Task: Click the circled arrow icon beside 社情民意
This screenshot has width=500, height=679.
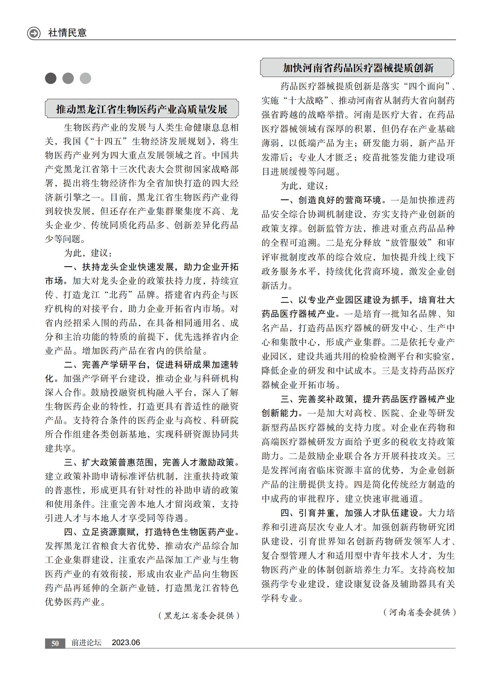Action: click(34, 33)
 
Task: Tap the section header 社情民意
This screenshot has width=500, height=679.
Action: click(67, 33)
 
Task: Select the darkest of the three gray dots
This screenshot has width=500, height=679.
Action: click(51, 78)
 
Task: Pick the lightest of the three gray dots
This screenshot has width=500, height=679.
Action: click(85, 78)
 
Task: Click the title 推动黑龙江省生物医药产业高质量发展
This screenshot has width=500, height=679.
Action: click(142, 109)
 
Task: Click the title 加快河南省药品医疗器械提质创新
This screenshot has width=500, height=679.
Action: click(358, 68)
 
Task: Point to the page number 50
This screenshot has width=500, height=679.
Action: click(55, 643)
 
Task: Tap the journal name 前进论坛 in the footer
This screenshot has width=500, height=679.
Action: click(86, 643)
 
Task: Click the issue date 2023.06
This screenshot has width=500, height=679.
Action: click(126, 643)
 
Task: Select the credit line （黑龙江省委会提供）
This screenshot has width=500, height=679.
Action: click(199, 615)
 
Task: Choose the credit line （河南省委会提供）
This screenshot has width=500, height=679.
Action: click(419, 612)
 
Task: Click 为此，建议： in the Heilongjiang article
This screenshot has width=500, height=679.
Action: click(88, 253)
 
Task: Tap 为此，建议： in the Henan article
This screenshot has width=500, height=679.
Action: click(305, 186)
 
